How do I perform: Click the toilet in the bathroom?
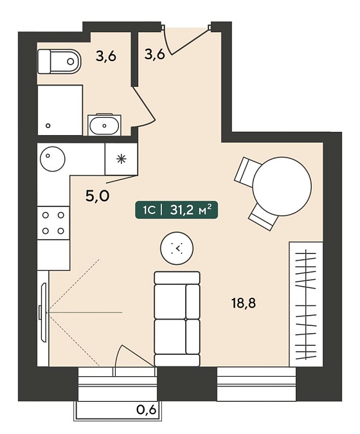(59, 62)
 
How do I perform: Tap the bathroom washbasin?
(105, 125)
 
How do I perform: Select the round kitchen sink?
(53, 159)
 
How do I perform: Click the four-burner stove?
(53, 223)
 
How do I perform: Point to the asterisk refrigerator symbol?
(122, 159)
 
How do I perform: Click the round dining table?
(282, 186)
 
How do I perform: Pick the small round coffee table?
(177, 248)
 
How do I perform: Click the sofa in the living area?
(177, 318)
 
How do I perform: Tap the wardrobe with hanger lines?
(306, 304)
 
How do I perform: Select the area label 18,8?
(244, 303)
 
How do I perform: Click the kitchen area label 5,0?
(98, 196)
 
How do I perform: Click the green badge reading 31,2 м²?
(177, 210)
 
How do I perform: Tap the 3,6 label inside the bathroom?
(106, 56)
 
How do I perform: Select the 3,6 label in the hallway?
(155, 54)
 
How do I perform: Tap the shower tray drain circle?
(48, 125)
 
